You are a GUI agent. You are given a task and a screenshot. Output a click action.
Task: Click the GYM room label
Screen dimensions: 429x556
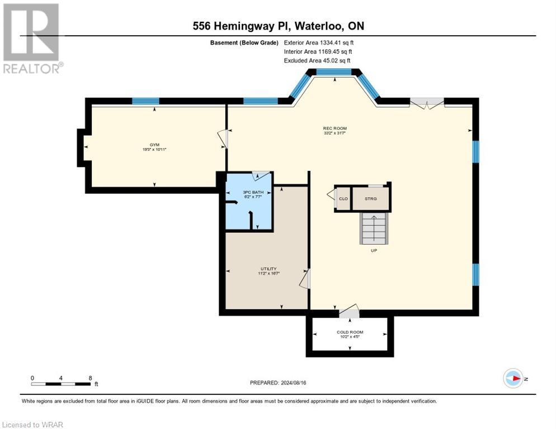pos(154,145)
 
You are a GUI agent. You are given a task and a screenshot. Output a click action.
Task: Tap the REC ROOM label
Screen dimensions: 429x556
pos(334,128)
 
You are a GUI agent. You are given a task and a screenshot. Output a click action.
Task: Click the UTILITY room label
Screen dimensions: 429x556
pos(268,269)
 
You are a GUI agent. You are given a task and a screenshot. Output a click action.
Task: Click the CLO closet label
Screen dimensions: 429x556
pos(343,198)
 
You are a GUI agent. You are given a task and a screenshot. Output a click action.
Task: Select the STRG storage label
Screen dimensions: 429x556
pos(371,198)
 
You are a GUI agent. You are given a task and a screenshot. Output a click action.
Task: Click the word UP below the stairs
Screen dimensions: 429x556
pos(374,250)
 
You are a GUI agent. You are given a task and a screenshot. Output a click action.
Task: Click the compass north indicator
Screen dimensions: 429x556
pos(513,378)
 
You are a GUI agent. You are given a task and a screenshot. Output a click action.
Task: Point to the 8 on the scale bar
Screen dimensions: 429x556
pos(91,378)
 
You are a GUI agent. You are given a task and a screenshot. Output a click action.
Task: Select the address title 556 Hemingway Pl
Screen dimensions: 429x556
pos(278,26)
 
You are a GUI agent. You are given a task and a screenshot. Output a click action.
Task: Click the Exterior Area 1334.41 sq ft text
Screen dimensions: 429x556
pos(319,42)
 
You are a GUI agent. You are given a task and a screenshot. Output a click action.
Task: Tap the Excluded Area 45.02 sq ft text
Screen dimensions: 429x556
pos(317,61)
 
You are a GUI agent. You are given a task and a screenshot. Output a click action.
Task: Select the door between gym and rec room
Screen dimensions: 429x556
pos(224,139)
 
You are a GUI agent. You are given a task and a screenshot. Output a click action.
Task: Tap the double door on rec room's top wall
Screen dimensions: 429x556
pos(427,103)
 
